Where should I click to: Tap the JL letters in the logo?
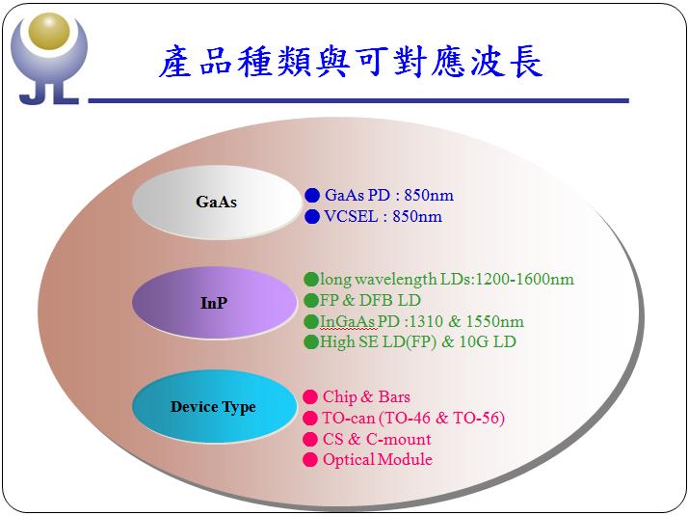pos(49,93)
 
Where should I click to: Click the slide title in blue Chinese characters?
pos(351,63)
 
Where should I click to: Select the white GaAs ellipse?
pos(217,202)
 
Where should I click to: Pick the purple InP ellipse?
pos(215,303)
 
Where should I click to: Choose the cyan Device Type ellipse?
pos(214,406)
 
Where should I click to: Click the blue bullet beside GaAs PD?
pos(312,196)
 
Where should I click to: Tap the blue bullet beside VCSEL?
pos(312,216)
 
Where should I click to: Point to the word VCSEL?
pos(351,216)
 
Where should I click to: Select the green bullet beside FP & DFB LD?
pos(311,300)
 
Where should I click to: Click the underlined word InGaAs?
pos(347,321)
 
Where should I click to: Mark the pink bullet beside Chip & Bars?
pos(310,397)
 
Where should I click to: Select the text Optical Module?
pos(378,460)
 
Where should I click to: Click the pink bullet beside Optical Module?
pos(310,460)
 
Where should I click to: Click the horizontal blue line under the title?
pos(358,101)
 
